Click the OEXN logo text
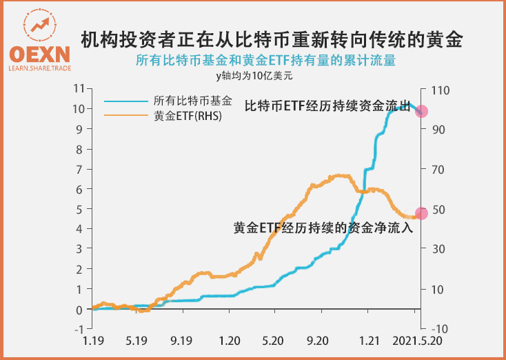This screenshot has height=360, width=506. coord(39,54)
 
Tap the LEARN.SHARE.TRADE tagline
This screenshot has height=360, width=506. coord(39,69)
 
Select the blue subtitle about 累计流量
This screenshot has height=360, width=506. coord(265,61)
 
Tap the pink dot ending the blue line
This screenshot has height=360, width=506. coord(422,111)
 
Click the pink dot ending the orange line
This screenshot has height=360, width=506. coord(422,213)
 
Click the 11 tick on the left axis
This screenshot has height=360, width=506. coord(79,89)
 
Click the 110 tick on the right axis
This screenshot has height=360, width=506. coord(438,89)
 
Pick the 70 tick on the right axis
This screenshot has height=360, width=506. coord(437,169)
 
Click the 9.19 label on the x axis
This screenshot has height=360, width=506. coord(181,341)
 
